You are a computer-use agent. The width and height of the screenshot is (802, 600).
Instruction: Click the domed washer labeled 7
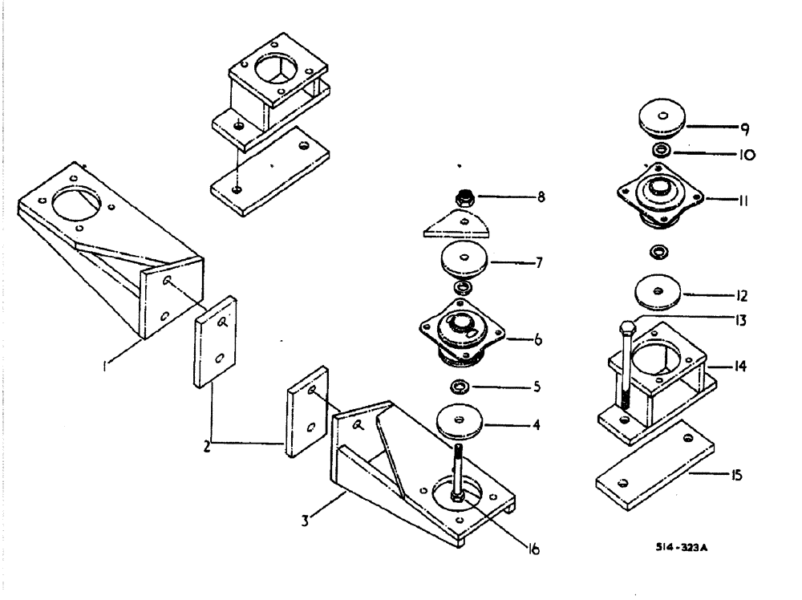tap(464, 260)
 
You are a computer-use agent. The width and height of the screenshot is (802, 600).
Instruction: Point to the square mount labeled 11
tap(660, 196)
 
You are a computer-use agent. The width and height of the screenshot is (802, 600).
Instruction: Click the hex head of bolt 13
tap(628, 327)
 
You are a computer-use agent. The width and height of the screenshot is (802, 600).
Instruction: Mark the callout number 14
tap(739, 367)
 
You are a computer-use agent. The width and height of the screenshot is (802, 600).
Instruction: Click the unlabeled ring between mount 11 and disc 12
tap(660, 252)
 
